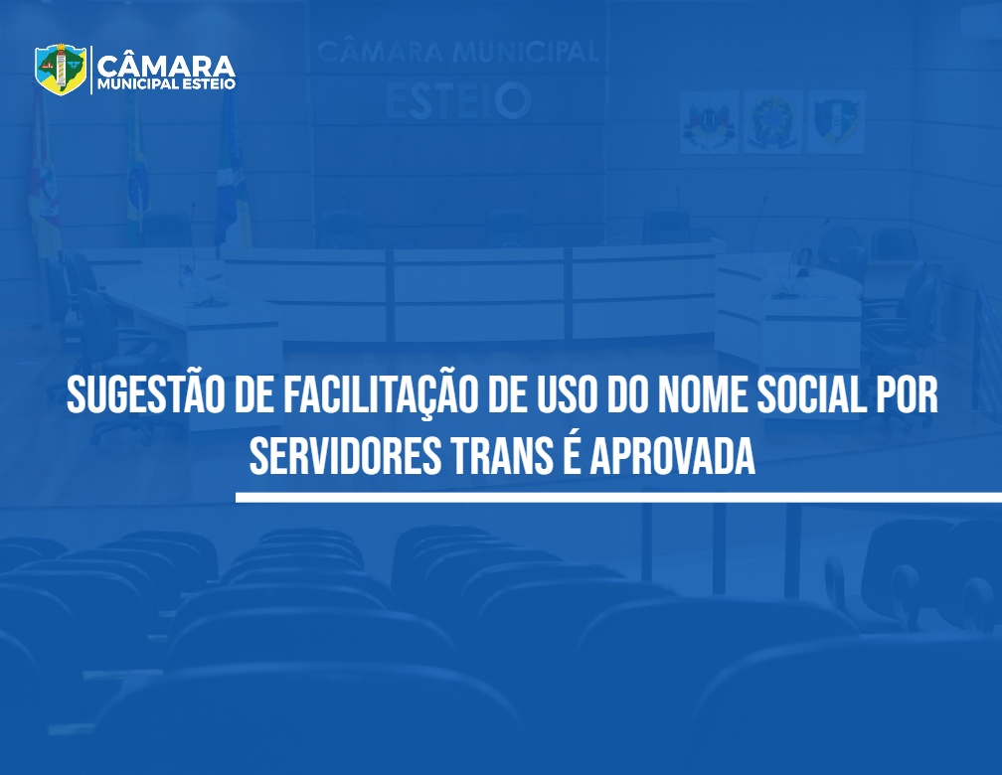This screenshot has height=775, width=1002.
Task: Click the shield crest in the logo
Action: tap(60, 69)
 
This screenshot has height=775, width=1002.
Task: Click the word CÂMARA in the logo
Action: tap(166, 66)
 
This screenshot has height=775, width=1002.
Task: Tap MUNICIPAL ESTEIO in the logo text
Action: tap(166, 84)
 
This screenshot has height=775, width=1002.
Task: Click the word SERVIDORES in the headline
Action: tap(345, 456)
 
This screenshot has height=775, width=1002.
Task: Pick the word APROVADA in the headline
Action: tap(672, 456)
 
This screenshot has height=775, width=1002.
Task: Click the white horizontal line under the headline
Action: tap(618, 497)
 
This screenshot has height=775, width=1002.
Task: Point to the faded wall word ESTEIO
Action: tap(458, 101)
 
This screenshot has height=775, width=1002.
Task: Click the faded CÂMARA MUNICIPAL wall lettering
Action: tap(457, 51)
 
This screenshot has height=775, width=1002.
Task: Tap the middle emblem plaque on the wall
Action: tap(772, 121)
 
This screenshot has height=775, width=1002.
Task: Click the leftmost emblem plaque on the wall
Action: tap(709, 121)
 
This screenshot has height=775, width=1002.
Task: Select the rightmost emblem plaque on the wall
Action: tap(837, 121)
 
